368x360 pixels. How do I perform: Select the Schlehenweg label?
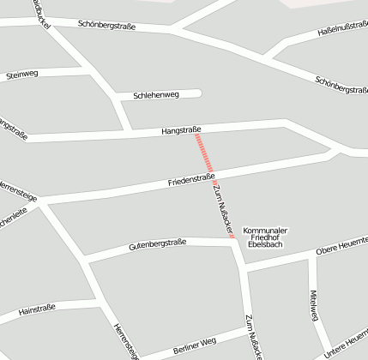[156, 95]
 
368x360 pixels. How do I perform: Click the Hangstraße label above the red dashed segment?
[181, 130]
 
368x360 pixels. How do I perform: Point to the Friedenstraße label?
[190, 181]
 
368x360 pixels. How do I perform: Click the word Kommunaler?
[265, 230]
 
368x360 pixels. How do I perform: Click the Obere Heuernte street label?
[341, 248]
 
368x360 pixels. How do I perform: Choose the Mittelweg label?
[313, 305]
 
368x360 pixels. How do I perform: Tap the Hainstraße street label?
[37, 309]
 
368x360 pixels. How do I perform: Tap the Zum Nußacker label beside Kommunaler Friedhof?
[223, 208]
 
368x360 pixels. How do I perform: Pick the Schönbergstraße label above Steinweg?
[106, 25]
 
